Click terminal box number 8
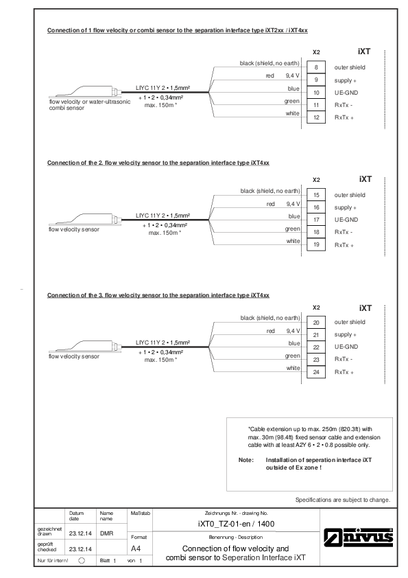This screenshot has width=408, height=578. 316,67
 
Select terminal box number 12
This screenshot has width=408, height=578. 316,117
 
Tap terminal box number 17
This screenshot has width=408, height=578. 316,220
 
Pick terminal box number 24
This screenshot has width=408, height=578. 316,372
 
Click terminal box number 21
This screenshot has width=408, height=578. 316,335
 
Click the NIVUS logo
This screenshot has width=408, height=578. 359,537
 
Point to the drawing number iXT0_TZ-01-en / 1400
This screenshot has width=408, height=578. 236,524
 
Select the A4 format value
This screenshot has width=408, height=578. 136,548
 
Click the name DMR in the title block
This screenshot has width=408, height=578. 107,533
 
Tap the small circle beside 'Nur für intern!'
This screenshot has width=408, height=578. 82,560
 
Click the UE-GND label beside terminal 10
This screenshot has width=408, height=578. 346,93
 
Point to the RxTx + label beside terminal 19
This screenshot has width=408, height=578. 344,245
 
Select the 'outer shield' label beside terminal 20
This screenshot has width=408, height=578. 350,322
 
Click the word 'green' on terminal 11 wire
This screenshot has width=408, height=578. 292,101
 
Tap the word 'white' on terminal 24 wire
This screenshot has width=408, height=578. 293,368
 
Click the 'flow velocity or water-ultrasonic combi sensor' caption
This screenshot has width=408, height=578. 90,105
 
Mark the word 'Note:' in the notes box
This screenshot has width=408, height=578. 246,460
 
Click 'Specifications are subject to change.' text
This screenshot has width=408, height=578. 343,500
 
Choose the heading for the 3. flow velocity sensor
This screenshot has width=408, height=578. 158,295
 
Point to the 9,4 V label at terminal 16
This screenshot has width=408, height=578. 293,204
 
